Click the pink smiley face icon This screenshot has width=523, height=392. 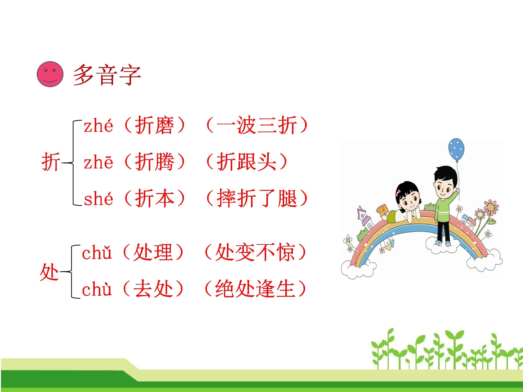click(x=50, y=74)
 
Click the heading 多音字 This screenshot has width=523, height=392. click(x=107, y=75)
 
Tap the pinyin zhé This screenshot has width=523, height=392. click(x=98, y=126)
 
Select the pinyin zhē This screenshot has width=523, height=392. click(x=98, y=162)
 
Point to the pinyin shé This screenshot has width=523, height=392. click(x=98, y=199)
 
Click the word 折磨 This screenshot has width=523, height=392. click(x=155, y=125)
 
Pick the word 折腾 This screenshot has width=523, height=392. click(x=155, y=162)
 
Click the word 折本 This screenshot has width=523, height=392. click(x=155, y=198)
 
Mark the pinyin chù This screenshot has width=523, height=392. click(x=97, y=289)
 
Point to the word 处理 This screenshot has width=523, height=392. click(x=153, y=252)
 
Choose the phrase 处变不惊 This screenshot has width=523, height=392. click(x=255, y=252)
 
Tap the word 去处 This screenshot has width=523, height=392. click(x=153, y=289)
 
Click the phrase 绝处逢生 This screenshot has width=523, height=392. click(x=255, y=289)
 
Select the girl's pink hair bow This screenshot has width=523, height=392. click(x=398, y=192)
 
